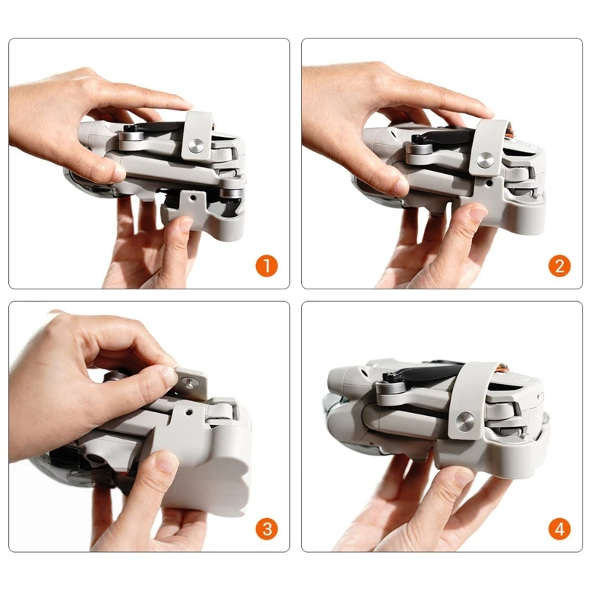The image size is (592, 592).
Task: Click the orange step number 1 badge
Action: (x=267, y=266)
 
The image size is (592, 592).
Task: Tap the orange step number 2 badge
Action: (x=559, y=266)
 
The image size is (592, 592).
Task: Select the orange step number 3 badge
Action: (x=267, y=529)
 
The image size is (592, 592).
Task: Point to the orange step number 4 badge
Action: (x=559, y=529)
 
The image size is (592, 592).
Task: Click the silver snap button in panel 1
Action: (x=196, y=146)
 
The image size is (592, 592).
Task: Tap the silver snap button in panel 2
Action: (x=485, y=161)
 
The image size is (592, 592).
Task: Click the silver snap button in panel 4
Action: (x=465, y=420)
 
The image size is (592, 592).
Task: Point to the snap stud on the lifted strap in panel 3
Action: (x=188, y=383)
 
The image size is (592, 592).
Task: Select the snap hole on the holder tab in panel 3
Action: (x=188, y=411)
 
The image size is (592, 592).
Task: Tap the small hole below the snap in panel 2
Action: (x=489, y=182)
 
